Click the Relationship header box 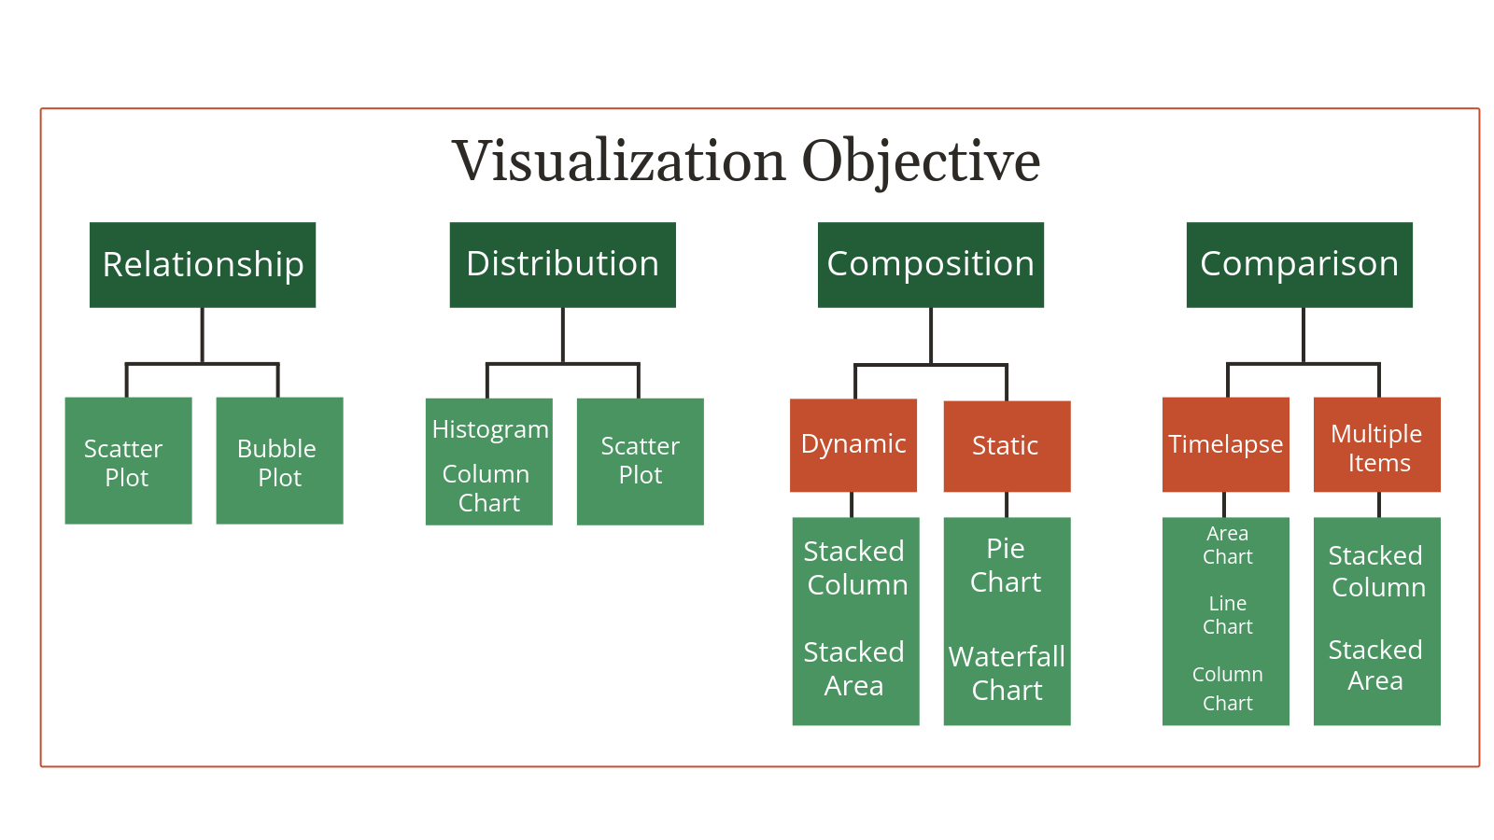[203, 264]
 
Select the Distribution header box [562, 264]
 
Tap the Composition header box [930, 264]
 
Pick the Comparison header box [1299, 264]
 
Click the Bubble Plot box [279, 461]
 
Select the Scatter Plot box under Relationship [128, 461]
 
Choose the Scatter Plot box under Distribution [640, 461]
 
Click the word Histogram [490, 429]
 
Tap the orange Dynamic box [853, 444]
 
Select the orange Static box [1007, 446]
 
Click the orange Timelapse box [1225, 444]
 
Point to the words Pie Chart [1006, 566]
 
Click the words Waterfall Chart [1007, 673]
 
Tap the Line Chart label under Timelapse [1227, 615]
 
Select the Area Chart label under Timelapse [1227, 545]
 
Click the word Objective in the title [921, 161]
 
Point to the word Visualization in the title [619, 161]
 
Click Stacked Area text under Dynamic [853, 668]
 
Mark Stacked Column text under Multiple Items [1377, 571]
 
